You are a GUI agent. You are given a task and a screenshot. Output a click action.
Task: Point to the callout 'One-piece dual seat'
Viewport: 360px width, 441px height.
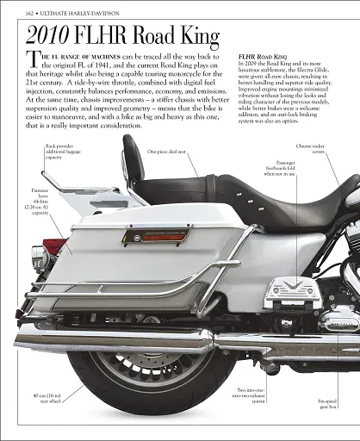(169, 152)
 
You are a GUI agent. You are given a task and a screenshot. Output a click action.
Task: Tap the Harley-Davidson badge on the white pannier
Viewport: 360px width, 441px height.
(155, 233)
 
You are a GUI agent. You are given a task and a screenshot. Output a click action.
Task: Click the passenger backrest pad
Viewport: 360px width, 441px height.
(134, 172)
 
